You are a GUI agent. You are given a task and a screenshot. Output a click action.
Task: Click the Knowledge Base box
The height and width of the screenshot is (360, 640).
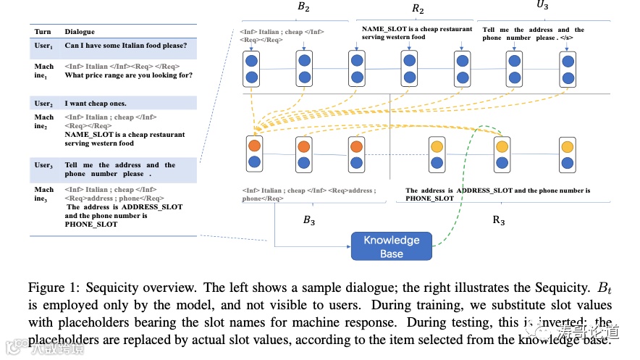[x=391, y=246]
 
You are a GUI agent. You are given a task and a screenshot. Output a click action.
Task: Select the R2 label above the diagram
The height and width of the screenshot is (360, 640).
[x=418, y=9]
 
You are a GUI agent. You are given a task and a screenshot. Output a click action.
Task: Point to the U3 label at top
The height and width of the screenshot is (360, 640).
[x=542, y=6]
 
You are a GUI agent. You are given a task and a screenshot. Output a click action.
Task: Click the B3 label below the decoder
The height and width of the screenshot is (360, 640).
[x=308, y=221]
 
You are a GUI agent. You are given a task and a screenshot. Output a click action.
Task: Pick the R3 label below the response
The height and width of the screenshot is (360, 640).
[x=499, y=221]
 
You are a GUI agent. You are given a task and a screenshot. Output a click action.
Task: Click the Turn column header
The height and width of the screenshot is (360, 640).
[x=43, y=32]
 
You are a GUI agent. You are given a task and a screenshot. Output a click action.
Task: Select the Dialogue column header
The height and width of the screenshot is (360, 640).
[x=80, y=32]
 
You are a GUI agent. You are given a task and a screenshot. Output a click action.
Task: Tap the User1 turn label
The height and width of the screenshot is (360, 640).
[x=43, y=47]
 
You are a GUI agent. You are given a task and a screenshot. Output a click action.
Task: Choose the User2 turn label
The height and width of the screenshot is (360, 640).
[x=43, y=104]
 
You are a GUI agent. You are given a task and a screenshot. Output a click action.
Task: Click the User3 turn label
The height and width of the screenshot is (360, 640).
[x=43, y=166]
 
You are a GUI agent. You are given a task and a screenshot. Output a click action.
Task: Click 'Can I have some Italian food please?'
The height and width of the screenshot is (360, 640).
[x=126, y=46]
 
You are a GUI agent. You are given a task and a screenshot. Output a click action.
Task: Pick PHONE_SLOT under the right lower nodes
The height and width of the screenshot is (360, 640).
[x=429, y=198]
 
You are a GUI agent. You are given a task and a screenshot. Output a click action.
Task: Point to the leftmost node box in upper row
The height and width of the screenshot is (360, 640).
[x=253, y=68]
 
